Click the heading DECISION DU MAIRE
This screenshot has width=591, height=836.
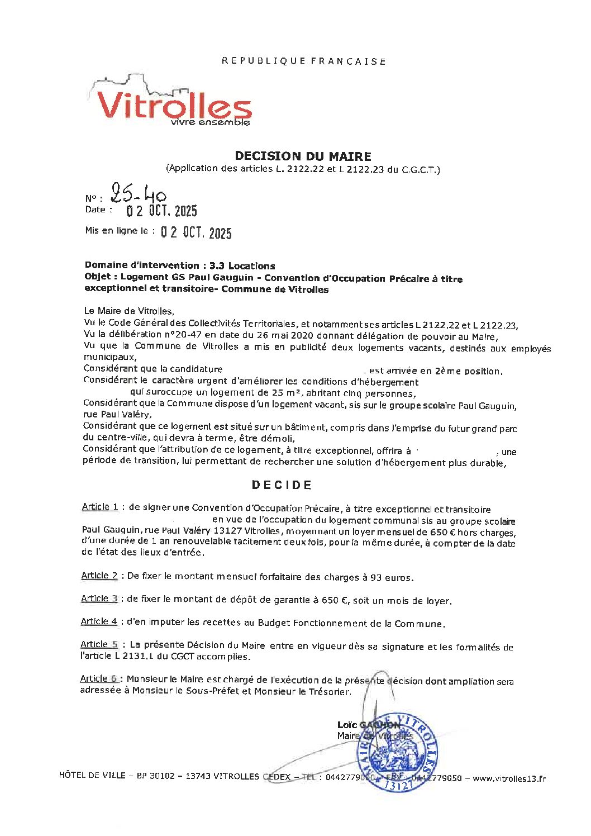click(303, 156)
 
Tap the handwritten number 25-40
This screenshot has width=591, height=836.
click(138, 194)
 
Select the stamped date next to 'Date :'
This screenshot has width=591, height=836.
click(161, 211)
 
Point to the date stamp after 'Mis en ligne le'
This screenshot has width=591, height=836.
click(196, 232)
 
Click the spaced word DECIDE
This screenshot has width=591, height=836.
click(282, 485)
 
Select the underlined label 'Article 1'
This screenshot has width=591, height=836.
click(99, 507)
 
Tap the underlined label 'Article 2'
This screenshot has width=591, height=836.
click(99, 576)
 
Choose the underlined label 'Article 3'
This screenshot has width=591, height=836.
click(99, 598)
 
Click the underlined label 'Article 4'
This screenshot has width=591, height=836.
click(98, 621)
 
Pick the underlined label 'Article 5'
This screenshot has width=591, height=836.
click(99, 644)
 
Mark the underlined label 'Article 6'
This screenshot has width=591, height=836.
click(98, 678)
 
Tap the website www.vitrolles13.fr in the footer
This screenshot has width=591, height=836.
click(509, 778)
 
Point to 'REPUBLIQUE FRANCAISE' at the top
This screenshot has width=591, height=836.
click(303, 61)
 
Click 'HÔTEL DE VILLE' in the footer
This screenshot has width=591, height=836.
click(92, 775)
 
